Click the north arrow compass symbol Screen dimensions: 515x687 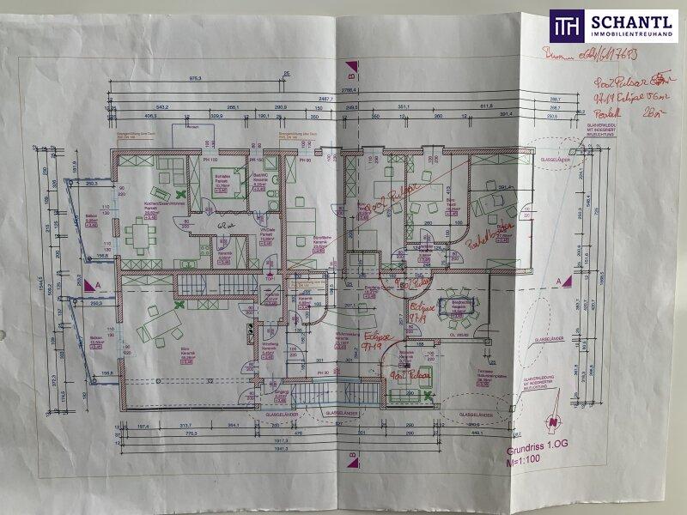(x=550, y=422)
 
